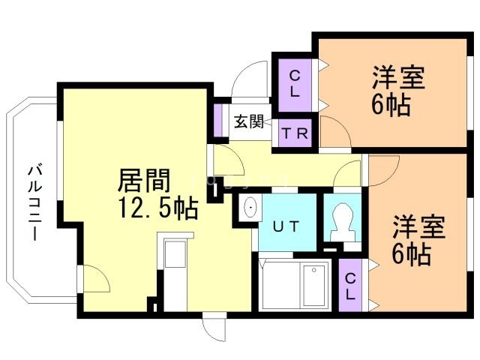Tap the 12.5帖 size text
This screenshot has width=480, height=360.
[x=156, y=207]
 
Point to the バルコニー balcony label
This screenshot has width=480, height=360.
[x=34, y=200]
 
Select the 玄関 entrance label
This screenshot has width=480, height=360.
[x=248, y=121]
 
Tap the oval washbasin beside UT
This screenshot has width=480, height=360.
[x=249, y=208]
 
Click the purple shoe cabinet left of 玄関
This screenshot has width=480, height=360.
[x=219, y=122]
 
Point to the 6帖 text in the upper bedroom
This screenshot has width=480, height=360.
[x=390, y=105]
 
